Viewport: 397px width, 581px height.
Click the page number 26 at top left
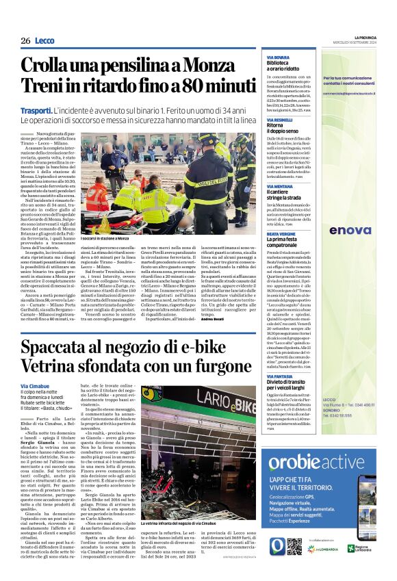(25, 40)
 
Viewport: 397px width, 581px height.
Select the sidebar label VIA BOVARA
(279, 57)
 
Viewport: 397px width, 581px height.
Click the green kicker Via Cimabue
(35, 387)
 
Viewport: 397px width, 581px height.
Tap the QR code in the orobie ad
(313, 528)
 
